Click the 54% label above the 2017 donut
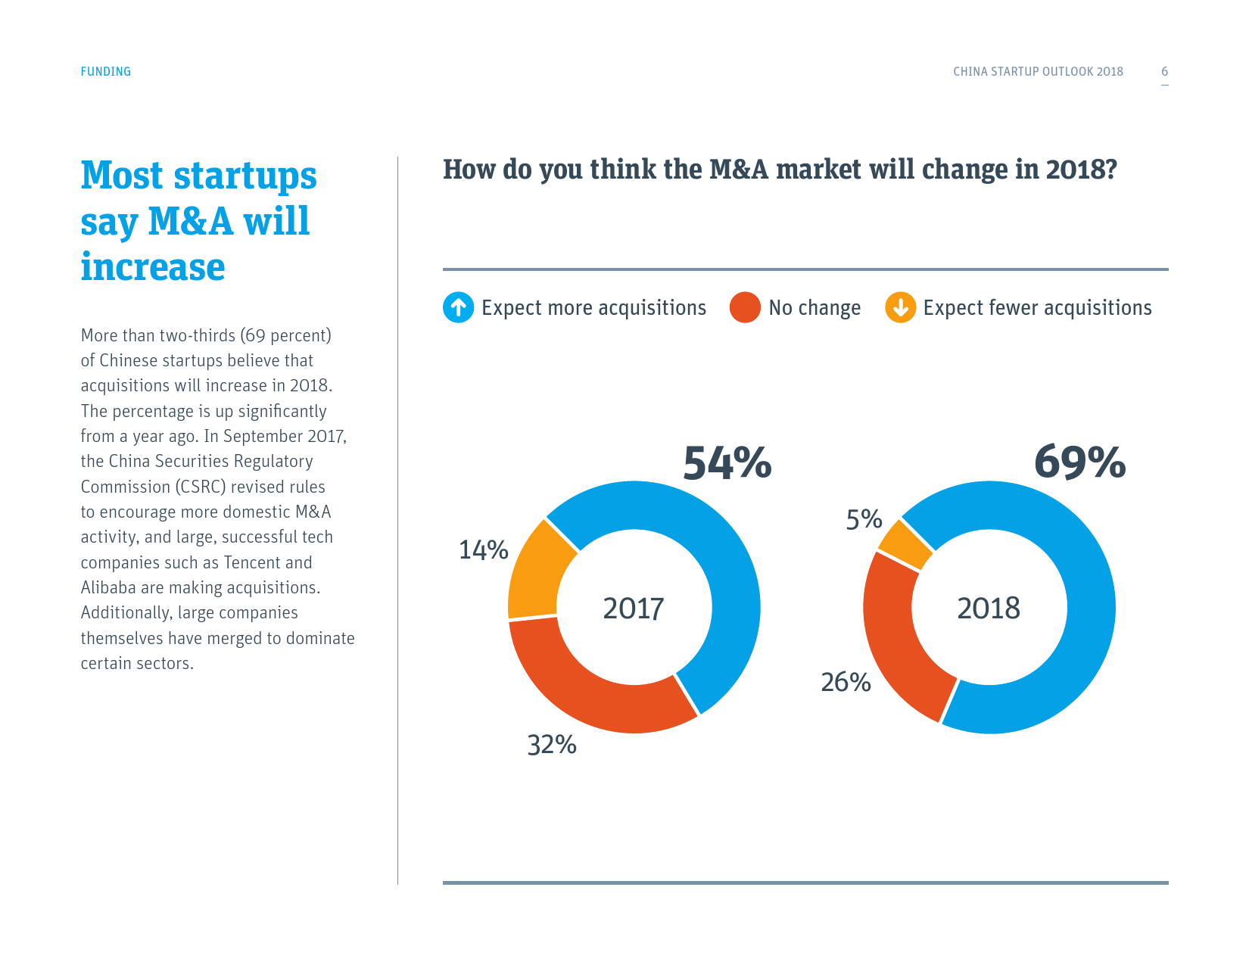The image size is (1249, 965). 727,462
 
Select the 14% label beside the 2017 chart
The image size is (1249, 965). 483,549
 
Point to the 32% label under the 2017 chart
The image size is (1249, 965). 552,745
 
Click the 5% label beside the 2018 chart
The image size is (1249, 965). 864,519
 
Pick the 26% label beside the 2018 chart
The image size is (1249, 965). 846,682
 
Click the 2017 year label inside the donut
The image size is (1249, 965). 634,609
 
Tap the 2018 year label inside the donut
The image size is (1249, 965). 989,609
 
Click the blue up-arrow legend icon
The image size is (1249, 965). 458,308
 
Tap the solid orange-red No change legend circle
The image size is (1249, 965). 745,308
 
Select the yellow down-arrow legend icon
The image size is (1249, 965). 900,308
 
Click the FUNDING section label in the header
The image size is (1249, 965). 106,72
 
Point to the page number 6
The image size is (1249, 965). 1164,72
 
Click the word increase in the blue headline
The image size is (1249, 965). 153,267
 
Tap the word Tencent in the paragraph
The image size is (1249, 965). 252,562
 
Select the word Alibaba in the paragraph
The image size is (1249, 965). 108,588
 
